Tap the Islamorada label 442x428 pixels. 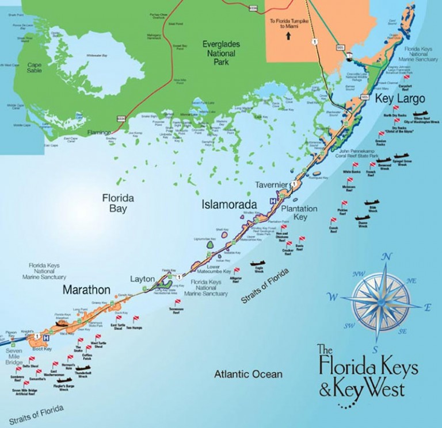225,204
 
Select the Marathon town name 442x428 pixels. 86,288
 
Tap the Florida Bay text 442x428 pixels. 118,203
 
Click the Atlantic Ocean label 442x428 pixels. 248,375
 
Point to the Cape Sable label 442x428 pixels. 35,69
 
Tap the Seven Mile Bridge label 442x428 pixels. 14,354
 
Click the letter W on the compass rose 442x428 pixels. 333,297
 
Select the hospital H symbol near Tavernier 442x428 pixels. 273,200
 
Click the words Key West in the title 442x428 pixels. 368,390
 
